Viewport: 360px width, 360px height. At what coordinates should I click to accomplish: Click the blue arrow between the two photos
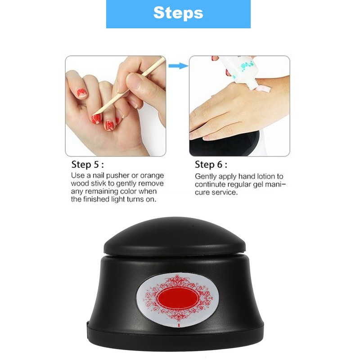tap(177, 66)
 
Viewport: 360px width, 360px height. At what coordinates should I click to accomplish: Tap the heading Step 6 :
tap(211, 164)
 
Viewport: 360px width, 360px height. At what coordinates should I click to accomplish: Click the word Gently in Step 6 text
tap(205, 176)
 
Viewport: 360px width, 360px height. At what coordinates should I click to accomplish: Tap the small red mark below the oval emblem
tap(179, 323)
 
